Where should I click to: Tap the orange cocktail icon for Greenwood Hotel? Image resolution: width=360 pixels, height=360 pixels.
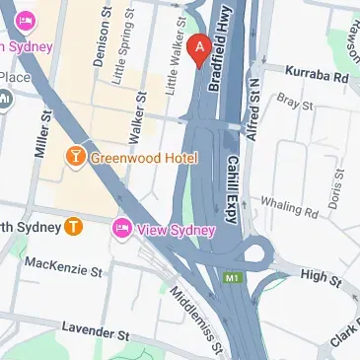click(x=75, y=157)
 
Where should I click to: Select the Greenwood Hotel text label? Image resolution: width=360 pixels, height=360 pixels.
click(x=144, y=158)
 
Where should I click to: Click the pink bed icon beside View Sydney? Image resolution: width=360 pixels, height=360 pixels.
click(x=122, y=229)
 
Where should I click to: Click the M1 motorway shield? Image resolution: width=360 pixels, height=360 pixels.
click(x=234, y=279)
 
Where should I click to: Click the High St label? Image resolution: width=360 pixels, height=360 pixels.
click(x=321, y=278)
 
